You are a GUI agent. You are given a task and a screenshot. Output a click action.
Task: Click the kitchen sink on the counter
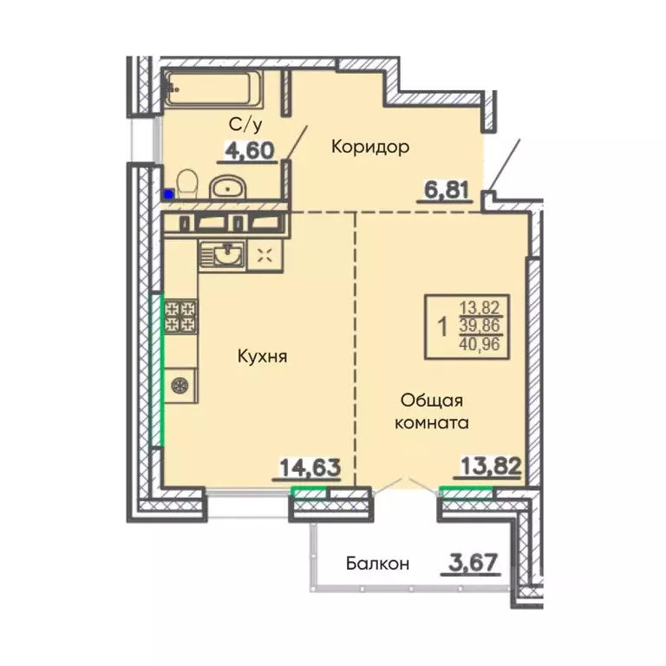pos(224,254)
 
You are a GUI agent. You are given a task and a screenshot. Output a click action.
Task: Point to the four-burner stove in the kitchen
pos(181,317)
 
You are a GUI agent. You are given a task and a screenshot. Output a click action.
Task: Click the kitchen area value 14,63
pos(309,468)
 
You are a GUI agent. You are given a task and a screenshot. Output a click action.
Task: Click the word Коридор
pos(370,147)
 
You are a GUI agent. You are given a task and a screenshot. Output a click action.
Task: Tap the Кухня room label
pos(261,356)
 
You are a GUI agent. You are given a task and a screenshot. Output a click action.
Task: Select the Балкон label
pos(377,564)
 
